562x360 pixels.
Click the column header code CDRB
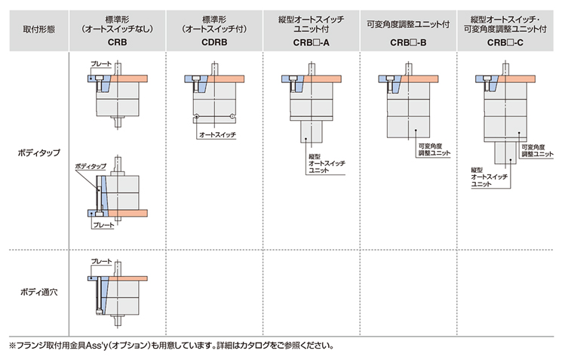214,42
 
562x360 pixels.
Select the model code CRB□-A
311,43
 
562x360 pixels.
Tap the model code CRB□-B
408,43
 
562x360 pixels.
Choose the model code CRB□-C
505,43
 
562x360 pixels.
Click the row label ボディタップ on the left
39,152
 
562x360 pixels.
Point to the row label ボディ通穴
39,292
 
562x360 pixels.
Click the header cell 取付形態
39,29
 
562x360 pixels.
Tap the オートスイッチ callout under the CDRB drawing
217,135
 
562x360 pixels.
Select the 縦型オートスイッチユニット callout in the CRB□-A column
327,164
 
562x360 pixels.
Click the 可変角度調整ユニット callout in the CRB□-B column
434,149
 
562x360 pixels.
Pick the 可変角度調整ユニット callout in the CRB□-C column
537,151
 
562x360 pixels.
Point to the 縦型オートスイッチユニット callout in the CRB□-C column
490,177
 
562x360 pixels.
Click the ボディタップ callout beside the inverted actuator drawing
91,166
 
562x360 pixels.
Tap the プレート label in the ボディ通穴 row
101,261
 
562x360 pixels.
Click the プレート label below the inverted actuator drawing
103,225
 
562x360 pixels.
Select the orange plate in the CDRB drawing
226,79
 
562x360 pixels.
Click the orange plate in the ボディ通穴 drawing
128,278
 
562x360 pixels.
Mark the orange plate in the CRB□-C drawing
517,79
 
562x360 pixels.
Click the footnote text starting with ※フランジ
171,346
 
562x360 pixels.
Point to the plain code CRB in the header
117,42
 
